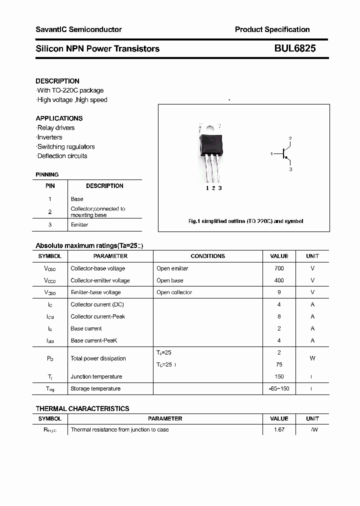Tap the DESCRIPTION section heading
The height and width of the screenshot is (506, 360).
coord(57,81)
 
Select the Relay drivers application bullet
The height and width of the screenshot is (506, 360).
coord(55,128)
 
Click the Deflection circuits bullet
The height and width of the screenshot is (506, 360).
coord(62,156)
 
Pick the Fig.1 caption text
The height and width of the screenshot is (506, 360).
coord(245,221)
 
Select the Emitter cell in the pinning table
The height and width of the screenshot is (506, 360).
coord(79,225)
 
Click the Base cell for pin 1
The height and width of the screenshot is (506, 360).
coord(77,199)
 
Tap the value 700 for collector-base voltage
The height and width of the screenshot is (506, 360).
coord(279,268)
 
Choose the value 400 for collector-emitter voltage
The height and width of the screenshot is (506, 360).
coord(279,280)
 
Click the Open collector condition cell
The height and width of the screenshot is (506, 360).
coord(174,292)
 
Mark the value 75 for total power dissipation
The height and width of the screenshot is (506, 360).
coord(279,364)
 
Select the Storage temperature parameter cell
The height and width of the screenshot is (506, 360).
coord(95,388)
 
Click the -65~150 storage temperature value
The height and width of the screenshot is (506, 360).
coord(279,388)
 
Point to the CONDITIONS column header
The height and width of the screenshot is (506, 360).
coord(208,256)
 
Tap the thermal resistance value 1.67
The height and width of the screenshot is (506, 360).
coord(279,429)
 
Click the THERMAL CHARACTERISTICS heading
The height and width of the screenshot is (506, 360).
coord(82,408)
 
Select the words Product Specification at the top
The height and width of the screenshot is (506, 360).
coord(272,29)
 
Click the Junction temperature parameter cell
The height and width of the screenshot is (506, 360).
coord(96,376)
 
